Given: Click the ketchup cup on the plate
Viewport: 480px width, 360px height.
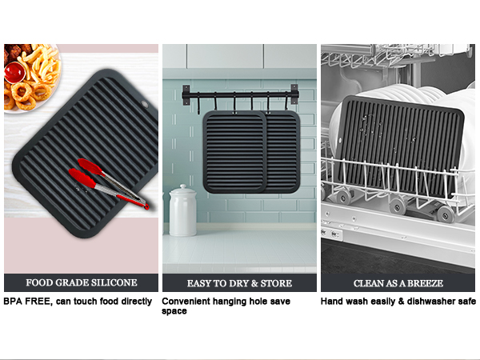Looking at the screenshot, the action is click(x=14, y=72).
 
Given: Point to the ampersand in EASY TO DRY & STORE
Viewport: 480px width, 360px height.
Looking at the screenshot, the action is click(x=254, y=283).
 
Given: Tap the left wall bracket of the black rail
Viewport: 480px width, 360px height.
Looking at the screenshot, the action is click(x=186, y=95).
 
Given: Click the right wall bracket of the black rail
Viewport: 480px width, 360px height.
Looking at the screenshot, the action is click(x=294, y=94).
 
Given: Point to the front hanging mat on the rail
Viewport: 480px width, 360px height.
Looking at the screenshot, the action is click(x=234, y=152).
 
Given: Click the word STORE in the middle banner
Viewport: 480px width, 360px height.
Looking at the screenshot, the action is click(x=276, y=283).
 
